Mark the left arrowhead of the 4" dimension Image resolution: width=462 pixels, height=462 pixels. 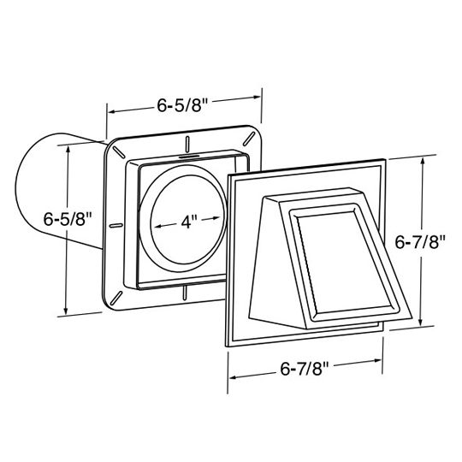point(157,225)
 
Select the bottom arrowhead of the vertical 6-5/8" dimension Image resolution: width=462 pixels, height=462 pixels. point(68,311)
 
